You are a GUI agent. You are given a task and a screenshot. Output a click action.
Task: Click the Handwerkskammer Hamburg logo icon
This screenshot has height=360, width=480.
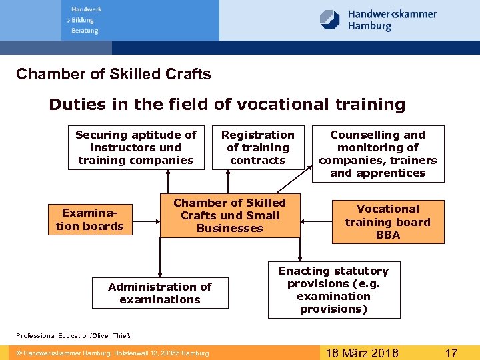[x=329, y=19]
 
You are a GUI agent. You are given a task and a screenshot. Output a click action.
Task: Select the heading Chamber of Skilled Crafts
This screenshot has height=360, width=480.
[x=113, y=74]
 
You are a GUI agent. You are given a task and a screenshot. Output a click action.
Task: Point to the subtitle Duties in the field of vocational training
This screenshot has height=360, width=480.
[x=227, y=105]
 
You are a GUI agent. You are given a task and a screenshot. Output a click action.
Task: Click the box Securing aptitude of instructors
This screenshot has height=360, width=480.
[x=136, y=147]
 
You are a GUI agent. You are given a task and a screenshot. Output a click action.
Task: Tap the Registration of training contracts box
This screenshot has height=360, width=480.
[x=257, y=147]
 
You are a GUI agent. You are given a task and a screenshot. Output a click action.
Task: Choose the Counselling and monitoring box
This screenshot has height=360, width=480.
[x=377, y=154]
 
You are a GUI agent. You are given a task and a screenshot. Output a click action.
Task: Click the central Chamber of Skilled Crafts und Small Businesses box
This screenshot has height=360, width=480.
[x=229, y=215]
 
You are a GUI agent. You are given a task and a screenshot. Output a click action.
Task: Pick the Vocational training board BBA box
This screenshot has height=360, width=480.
[x=387, y=222]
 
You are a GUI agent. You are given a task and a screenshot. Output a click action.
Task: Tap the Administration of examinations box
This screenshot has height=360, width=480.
[x=160, y=293]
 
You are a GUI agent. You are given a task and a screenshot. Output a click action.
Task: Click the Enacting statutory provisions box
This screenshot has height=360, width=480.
[x=333, y=290]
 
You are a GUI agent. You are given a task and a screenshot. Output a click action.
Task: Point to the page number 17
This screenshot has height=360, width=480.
[x=451, y=353]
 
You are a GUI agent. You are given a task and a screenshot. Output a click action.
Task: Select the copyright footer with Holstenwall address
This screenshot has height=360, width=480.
[x=113, y=353]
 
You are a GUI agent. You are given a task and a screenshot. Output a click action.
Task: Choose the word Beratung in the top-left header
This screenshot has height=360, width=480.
[x=85, y=31]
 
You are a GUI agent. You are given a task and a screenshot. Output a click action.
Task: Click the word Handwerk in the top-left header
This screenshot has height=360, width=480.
[x=86, y=9]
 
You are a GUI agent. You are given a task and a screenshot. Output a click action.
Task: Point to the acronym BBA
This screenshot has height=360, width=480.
[x=388, y=235]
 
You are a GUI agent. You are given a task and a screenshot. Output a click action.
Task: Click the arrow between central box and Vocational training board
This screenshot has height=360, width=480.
[x=316, y=219]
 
